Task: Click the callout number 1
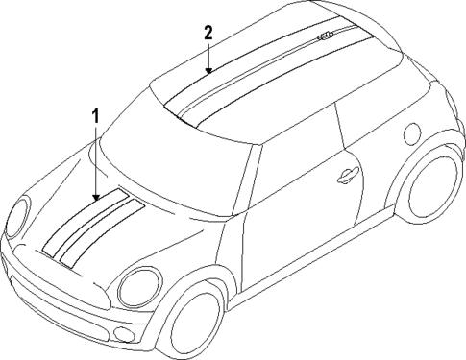[95, 116]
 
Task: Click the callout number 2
[208, 32]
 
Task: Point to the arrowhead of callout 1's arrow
[96, 199]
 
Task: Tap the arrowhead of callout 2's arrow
[209, 73]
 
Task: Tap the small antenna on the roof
[324, 37]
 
